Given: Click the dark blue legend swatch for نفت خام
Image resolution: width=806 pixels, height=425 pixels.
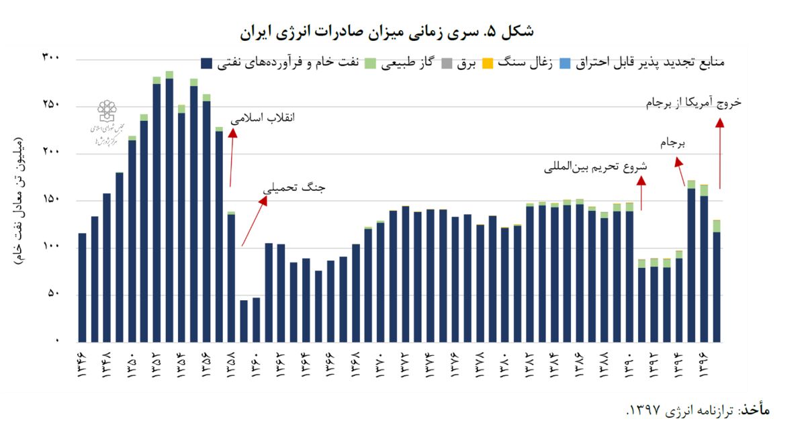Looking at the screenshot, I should tap(207, 64).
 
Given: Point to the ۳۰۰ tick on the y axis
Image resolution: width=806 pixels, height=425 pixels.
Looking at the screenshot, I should tap(51, 58).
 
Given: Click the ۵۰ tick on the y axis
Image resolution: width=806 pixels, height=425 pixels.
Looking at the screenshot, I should tap(54, 294).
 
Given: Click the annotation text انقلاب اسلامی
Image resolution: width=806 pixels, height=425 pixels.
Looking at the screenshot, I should tap(263, 117).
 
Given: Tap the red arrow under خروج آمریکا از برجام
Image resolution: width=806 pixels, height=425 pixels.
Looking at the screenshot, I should tap(720, 154).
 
